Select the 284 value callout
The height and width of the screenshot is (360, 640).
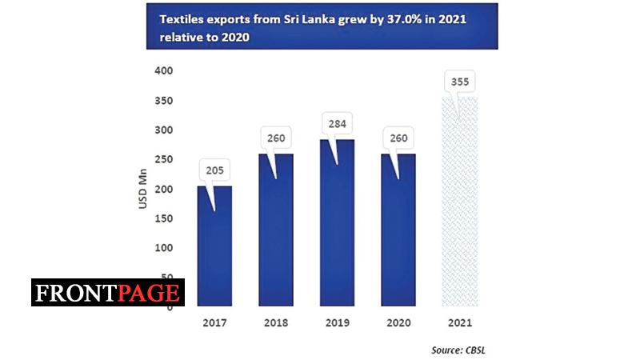tap(336, 124)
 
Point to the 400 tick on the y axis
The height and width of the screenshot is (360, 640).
tap(162, 70)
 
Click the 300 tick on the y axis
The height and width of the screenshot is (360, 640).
tap(162, 130)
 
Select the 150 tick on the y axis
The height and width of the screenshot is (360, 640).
tap(162, 218)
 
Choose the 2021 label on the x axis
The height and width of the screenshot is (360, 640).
tap(460, 324)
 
